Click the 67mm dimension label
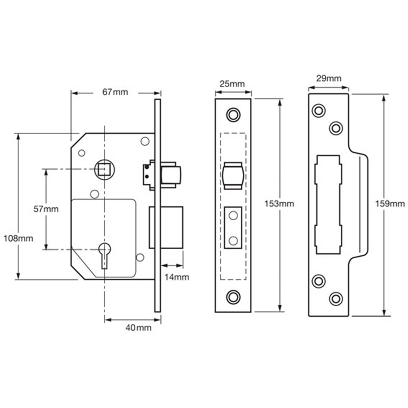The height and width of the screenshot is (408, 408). tap(115, 92)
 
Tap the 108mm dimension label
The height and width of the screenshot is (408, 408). tap(18, 238)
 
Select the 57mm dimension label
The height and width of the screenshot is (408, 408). tap(46, 209)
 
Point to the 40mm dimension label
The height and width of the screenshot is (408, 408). tap(138, 328)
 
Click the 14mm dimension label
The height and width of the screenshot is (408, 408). tap(177, 277)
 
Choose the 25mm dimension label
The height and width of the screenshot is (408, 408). tap(232, 84)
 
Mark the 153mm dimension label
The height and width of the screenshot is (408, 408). tap(279, 204)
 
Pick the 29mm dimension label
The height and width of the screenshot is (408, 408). tap(328, 78)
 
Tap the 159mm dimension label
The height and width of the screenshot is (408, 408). tap(390, 204)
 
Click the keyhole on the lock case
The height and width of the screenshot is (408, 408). tap(104, 255)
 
